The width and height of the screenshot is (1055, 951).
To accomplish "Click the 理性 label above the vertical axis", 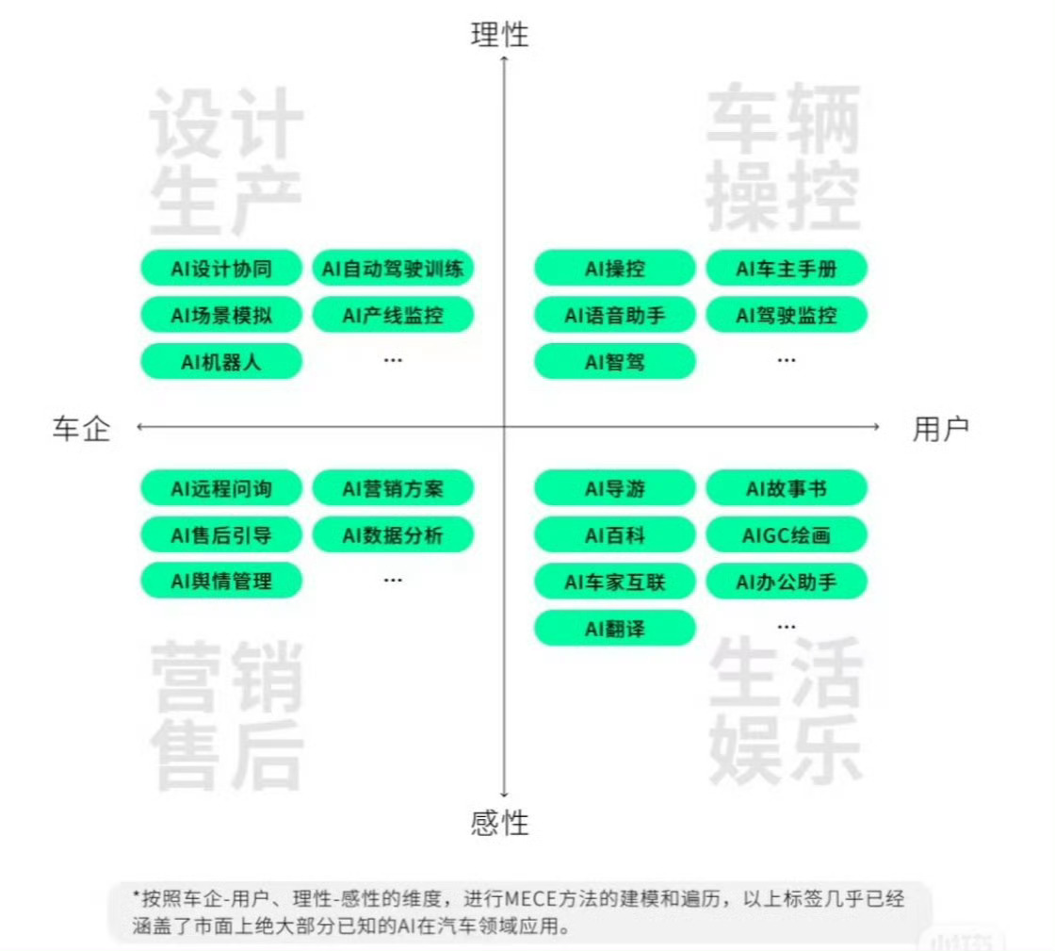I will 500,35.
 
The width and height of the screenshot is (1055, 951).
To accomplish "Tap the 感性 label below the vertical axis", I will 500,822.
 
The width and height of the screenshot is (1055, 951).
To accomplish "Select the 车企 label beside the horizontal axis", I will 81,429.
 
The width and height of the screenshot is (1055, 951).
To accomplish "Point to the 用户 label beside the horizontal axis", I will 940,429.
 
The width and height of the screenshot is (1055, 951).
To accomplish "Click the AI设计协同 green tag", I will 221,270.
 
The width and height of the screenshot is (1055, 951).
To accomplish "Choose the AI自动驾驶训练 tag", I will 393,270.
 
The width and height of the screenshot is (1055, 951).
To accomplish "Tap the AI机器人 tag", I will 221,361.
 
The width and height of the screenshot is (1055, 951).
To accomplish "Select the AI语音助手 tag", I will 615,316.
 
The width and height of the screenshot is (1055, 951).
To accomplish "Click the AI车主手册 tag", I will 787,270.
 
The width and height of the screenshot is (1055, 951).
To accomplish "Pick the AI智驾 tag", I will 615,361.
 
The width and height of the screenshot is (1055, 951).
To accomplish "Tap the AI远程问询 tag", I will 221,489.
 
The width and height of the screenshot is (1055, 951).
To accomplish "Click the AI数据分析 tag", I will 393,535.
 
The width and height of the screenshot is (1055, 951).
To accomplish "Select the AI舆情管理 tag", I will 221,581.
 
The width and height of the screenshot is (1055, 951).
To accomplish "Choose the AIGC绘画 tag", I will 787,535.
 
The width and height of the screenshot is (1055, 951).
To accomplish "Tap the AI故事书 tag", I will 787,489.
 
